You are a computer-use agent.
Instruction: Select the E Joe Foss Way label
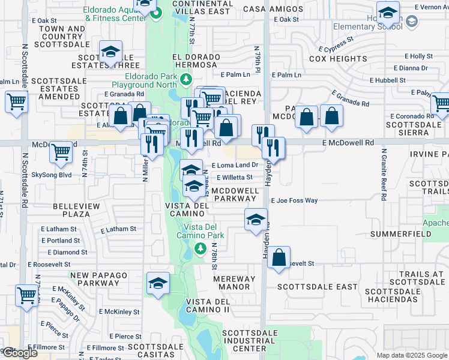click(295, 201)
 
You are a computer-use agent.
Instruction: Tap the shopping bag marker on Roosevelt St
click(279, 258)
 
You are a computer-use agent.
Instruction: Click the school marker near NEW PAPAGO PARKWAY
click(158, 283)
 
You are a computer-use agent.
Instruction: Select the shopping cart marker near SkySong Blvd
click(61, 152)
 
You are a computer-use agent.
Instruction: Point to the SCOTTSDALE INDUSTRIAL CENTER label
click(250, 341)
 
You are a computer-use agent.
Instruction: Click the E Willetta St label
click(235, 178)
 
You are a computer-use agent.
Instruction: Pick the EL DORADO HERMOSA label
click(196, 57)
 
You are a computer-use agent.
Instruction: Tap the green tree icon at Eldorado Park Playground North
click(186, 79)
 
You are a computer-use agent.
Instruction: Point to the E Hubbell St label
click(388, 80)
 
